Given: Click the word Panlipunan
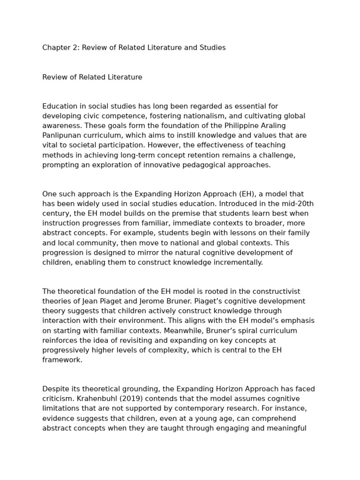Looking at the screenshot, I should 60,135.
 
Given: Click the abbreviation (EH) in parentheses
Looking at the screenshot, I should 247,194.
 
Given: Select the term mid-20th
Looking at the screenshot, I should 297,203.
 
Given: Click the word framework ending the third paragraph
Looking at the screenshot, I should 62,360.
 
